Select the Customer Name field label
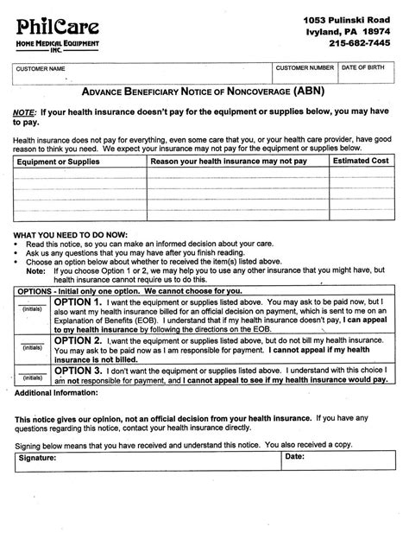point(41,67)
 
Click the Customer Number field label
point(305,67)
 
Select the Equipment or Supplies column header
point(53,161)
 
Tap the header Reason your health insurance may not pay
point(229,161)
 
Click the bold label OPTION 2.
point(78,341)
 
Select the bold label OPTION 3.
point(78,370)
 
